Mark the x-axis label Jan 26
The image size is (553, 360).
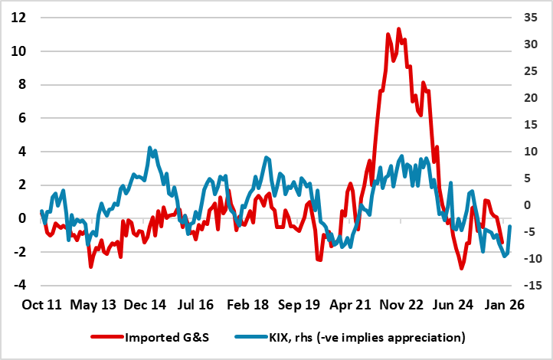coord(508,305)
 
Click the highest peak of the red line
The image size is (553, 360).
coord(398,29)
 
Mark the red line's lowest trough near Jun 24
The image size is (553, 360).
coord(461,268)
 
